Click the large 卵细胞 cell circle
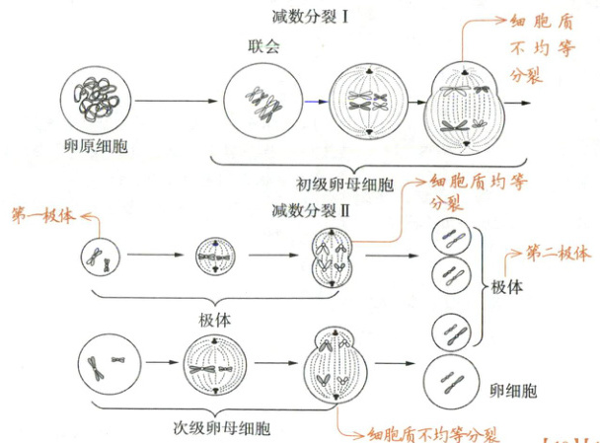point(452,380)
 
